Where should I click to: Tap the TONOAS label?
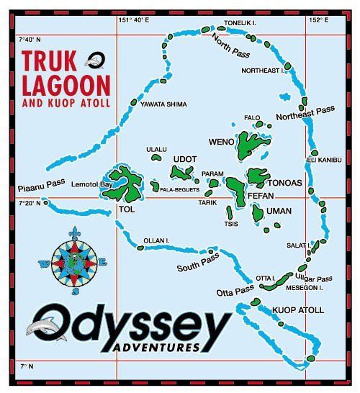(287, 183)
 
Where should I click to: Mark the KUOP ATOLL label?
(297, 311)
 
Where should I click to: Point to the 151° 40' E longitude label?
(134, 21)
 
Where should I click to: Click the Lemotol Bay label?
(91, 184)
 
